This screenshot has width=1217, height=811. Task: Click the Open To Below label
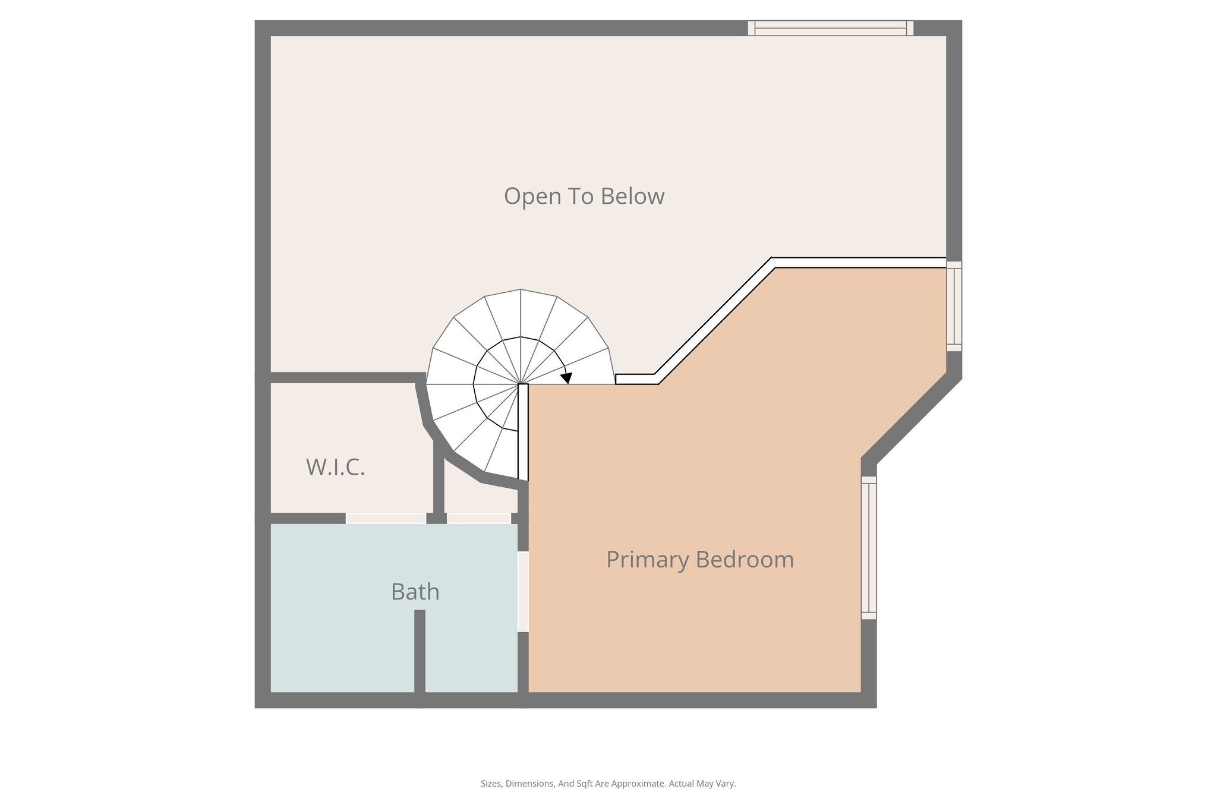click(584, 197)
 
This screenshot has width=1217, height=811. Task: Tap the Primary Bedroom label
click(699, 560)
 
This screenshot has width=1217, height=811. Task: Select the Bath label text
click(415, 592)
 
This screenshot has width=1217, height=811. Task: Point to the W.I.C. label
click(335, 468)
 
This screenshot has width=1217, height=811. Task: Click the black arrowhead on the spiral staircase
click(567, 378)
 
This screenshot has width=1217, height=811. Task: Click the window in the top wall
click(830, 28)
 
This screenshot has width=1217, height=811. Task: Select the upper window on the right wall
click(953, 306)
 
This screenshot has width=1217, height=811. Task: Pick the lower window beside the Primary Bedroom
click(868, 548)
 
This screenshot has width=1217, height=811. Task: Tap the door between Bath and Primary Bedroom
click(523, 592)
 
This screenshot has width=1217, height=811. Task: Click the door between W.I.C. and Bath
click(386, 519)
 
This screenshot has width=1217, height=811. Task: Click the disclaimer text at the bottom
click(608, 784)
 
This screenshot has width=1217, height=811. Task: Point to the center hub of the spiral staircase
click(521, 384)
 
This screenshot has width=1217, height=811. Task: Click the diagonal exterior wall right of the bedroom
click(912, 419)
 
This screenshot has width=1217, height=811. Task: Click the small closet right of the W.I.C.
click(478, 496)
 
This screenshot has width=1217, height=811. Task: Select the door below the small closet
click(478, 519)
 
